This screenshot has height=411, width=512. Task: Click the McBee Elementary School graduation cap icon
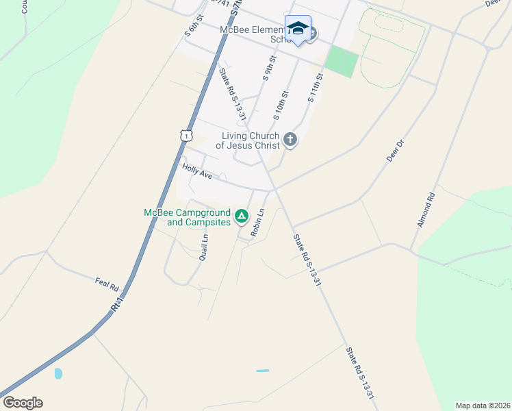coord(298,28)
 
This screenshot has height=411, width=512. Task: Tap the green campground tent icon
coord(241,216)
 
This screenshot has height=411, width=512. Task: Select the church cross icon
coord(290,140)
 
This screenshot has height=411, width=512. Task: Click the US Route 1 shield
coord(185,136)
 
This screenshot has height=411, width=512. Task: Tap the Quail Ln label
coord(203,247)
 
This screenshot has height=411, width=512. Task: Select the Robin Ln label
coord(257,223)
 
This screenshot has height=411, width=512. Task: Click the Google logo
coord(23,403)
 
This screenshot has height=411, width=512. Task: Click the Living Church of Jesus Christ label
coord(251,140)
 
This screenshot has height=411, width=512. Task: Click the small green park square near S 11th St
coord(342,62)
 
